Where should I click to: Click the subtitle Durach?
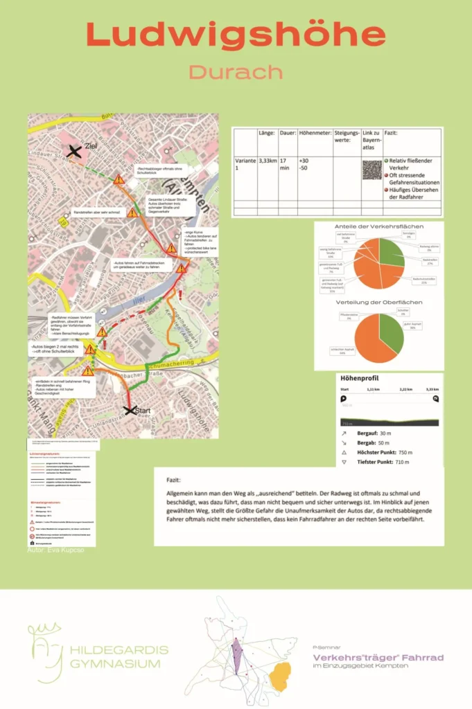pos(236,72)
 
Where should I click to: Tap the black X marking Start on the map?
pos(128,411)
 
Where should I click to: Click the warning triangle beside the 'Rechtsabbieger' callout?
pos(119,180)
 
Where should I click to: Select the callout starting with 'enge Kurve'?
pos(200,240)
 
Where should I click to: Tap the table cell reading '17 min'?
pos(286,165)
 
